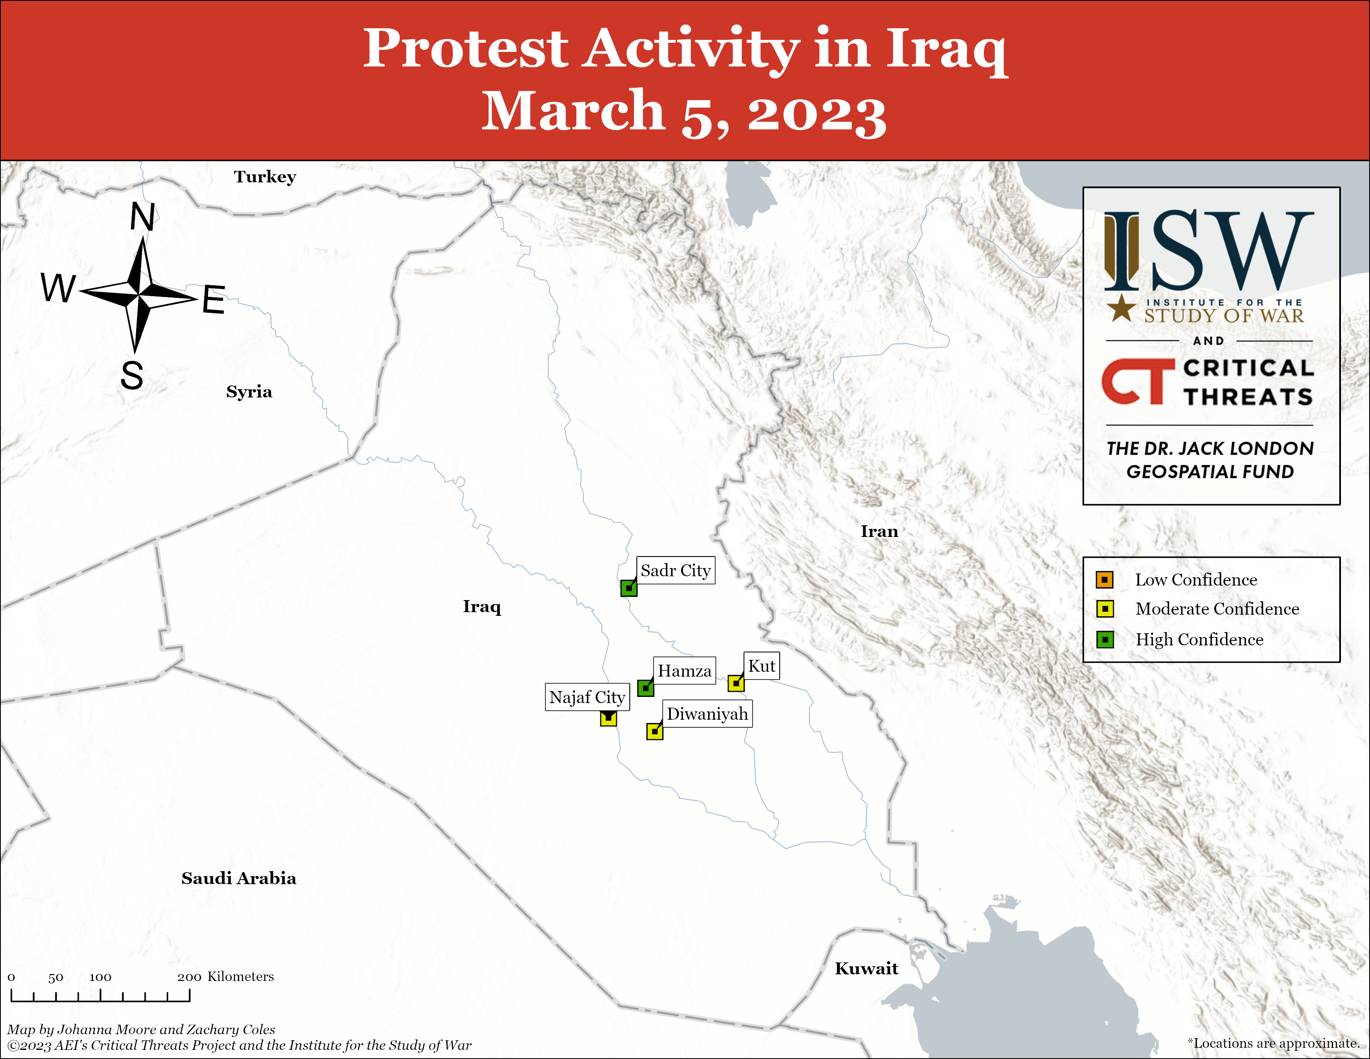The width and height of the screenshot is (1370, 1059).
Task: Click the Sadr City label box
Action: (x=675, y=570)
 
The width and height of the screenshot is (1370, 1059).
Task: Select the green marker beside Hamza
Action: (x=646, y=688)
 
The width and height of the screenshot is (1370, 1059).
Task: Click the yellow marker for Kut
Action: (x=736, y=683)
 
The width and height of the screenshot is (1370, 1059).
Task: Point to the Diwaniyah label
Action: (x=707, y=714)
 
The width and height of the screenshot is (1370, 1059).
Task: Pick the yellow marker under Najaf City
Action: (x=608, y=718)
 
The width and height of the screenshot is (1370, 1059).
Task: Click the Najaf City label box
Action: (x=587, y=697)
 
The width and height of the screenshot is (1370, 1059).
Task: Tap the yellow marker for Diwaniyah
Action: (x=654, y=731)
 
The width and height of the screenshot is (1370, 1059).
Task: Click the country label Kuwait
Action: (x=866, y=968)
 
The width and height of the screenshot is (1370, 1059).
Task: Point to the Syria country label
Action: (x=249, y=392)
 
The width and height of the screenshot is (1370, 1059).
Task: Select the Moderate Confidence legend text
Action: (x=1217, y=608)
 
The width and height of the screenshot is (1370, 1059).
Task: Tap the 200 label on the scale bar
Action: (x=189, y=977)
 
